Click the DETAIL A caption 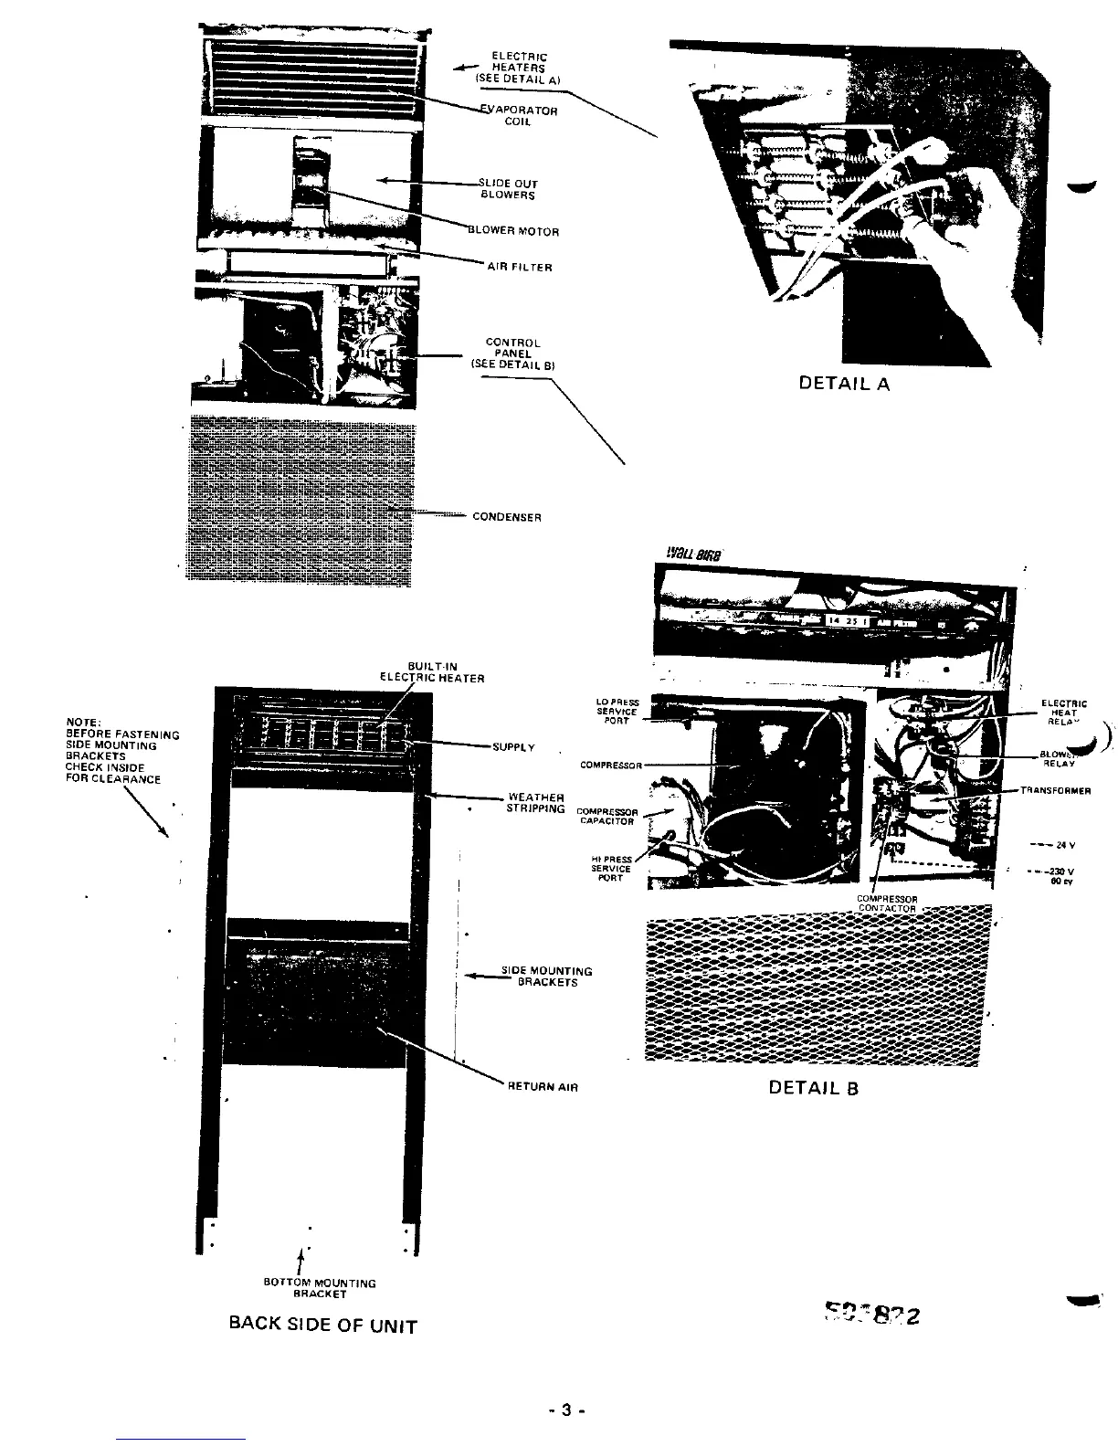pyautogui.click(x=843, y=384)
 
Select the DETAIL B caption pyautogui.click(x=814, y=1088)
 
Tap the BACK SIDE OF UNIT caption pyautogui.click(x=322, y=1326)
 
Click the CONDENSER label pyautogui.click(x=507, y=517)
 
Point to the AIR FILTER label pyautogui.click(x=519, y=268)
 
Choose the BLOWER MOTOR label pyautogui.click(x=513, y=231)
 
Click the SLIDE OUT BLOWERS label pyautogui.click(x=509, y=189)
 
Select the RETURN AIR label pyautogui.click(x=543, y=1088)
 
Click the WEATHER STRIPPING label pyautogui.click(x=536, y=803)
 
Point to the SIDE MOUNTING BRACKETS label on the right pyautogui.click(x=547, y=977)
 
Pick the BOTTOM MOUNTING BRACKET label pyautogui.click(x=319, y=1288)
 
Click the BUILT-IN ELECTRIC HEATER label pyautogui.click(x=432, y=672)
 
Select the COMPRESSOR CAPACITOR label pyautogui.click(x=606, y=816)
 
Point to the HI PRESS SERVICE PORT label pyautogui.click(x=611, y=868)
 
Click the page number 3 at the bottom pyautogui.click(x=566, y=1410)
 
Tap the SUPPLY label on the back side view pyautogui.click(x=513, y=747)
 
